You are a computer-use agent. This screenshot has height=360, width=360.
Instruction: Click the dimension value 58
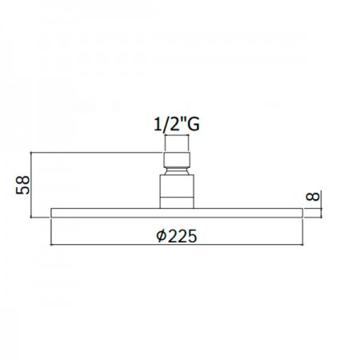tap(23, 185)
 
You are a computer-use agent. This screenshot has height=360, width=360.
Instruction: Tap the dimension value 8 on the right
tap(313, 197)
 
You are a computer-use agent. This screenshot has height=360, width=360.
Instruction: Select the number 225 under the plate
tap(183, 236)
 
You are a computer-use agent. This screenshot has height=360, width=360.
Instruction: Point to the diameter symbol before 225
tap(162, 236)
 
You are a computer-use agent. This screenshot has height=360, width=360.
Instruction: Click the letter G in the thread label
tap(193, 124)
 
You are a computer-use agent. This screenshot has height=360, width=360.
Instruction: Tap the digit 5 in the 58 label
tap(23, 190)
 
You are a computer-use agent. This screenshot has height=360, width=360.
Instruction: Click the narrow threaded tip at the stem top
tap(177, 144)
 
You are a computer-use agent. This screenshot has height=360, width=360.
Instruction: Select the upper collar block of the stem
tap(177, 159)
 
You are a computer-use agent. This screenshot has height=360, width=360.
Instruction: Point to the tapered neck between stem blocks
tap(177, 170)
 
